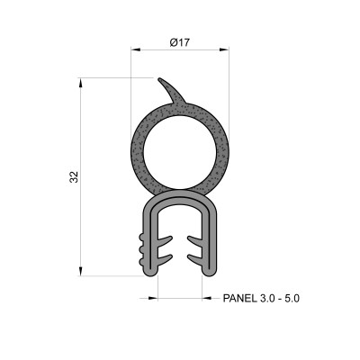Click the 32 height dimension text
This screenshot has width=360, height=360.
click(x=73, y=177)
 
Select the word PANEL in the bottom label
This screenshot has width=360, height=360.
click(x=239, y=297)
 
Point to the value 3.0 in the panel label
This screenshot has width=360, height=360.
click(x=267, y=297)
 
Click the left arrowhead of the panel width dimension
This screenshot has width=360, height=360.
click(x=154, y=297)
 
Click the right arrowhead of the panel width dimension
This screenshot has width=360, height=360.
click(x=202, y=297)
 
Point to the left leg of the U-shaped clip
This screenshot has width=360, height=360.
click(x=149, y=243)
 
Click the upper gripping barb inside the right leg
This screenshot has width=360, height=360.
click(x=194, y=239)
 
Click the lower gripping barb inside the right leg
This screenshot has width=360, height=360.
click(x=194, y=258)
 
